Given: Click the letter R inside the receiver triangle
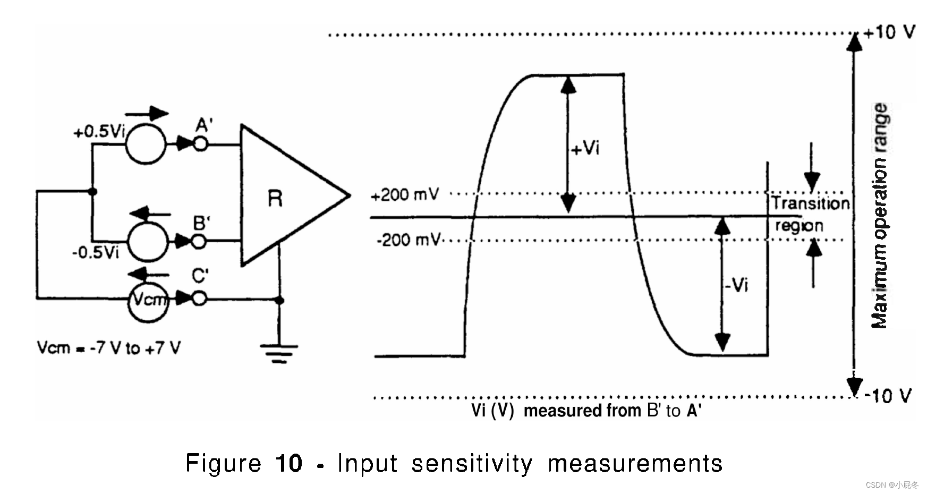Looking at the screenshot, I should point(275,199).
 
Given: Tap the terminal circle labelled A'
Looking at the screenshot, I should point(200,143).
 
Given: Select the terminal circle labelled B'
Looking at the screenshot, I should point(198,242).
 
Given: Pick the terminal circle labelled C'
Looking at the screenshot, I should point(199,299).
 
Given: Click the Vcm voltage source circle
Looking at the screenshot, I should point(149,300).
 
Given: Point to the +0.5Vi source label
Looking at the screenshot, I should point(99,131).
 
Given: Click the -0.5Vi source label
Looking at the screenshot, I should point(96,252).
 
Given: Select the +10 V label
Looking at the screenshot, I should point(889,32).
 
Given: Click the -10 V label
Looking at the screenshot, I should point(888,396).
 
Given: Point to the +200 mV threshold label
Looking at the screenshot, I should point(405,195).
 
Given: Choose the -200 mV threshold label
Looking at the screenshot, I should point(408,240).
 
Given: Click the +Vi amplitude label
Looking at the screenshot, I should point(585,148).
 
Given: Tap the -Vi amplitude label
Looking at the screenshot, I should point(736,285).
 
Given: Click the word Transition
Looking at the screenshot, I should point(810,203).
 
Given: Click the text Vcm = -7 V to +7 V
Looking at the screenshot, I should point(108,348).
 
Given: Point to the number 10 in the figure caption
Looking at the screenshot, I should point(288,463).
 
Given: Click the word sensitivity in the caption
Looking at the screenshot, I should point(472,464).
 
